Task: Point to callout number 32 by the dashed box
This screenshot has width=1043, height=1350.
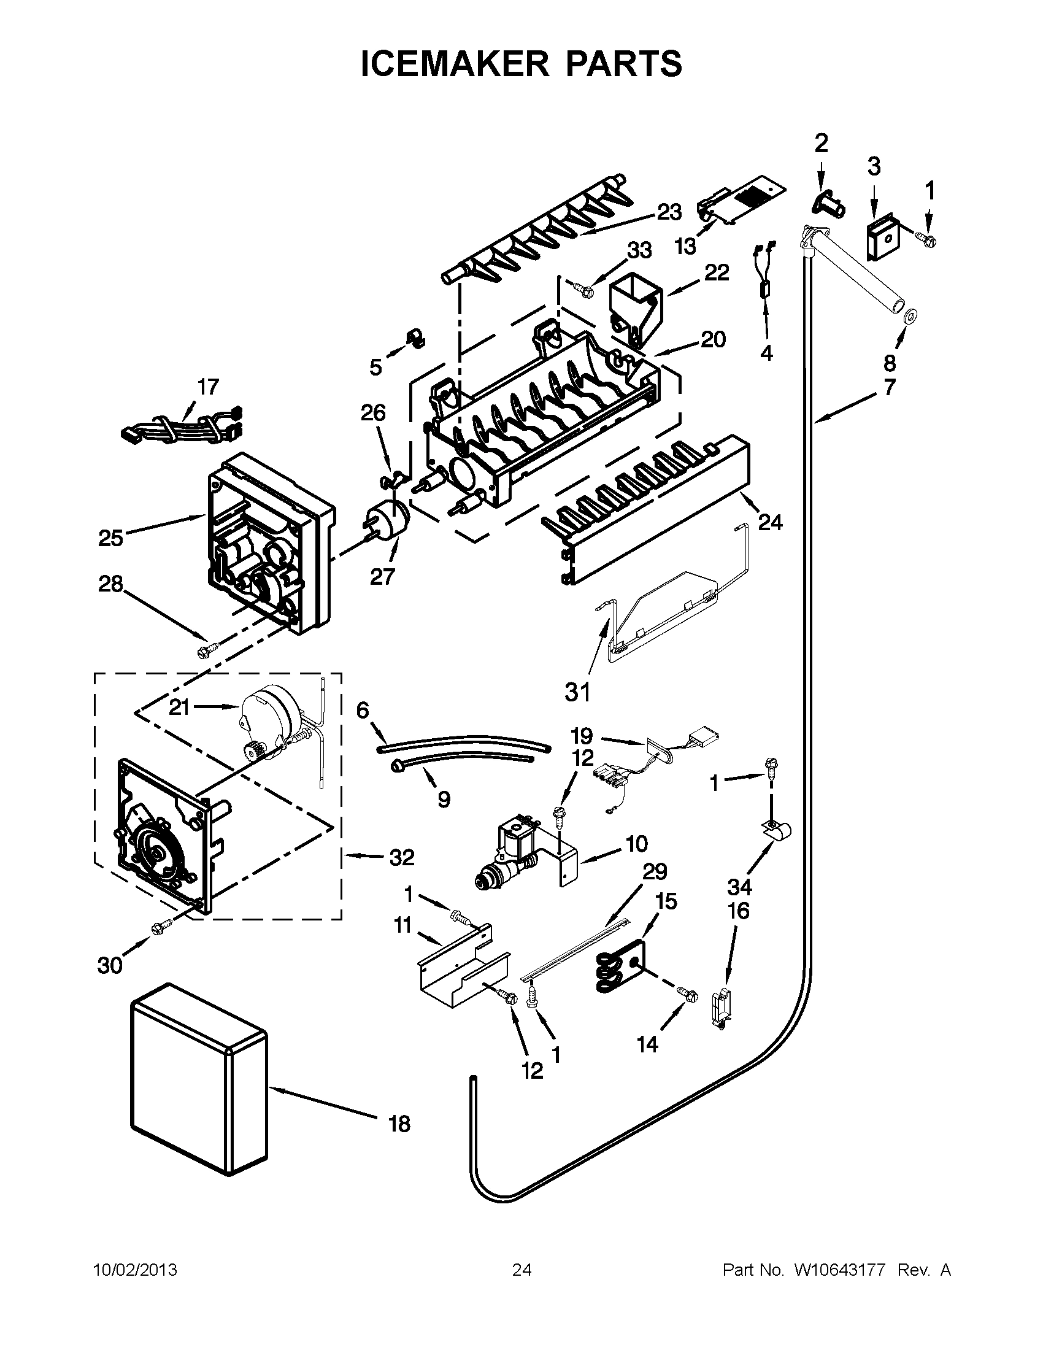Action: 402,857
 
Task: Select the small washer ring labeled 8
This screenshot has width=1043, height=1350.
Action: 910,318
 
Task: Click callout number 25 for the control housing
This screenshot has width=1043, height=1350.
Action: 111,538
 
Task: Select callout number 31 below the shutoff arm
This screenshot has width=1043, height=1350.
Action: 578,692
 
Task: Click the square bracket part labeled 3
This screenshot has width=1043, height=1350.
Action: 881,237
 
